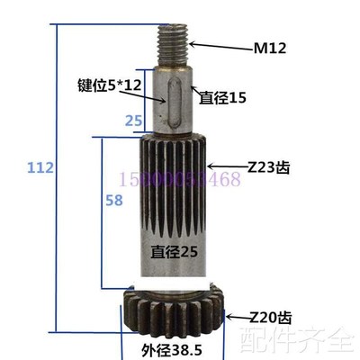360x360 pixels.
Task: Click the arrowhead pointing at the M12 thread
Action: [x=192, y=43]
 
